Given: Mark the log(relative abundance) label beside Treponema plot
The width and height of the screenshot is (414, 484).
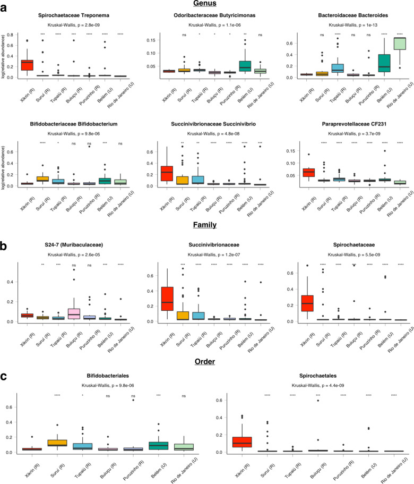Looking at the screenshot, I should (x=4, y=56).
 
